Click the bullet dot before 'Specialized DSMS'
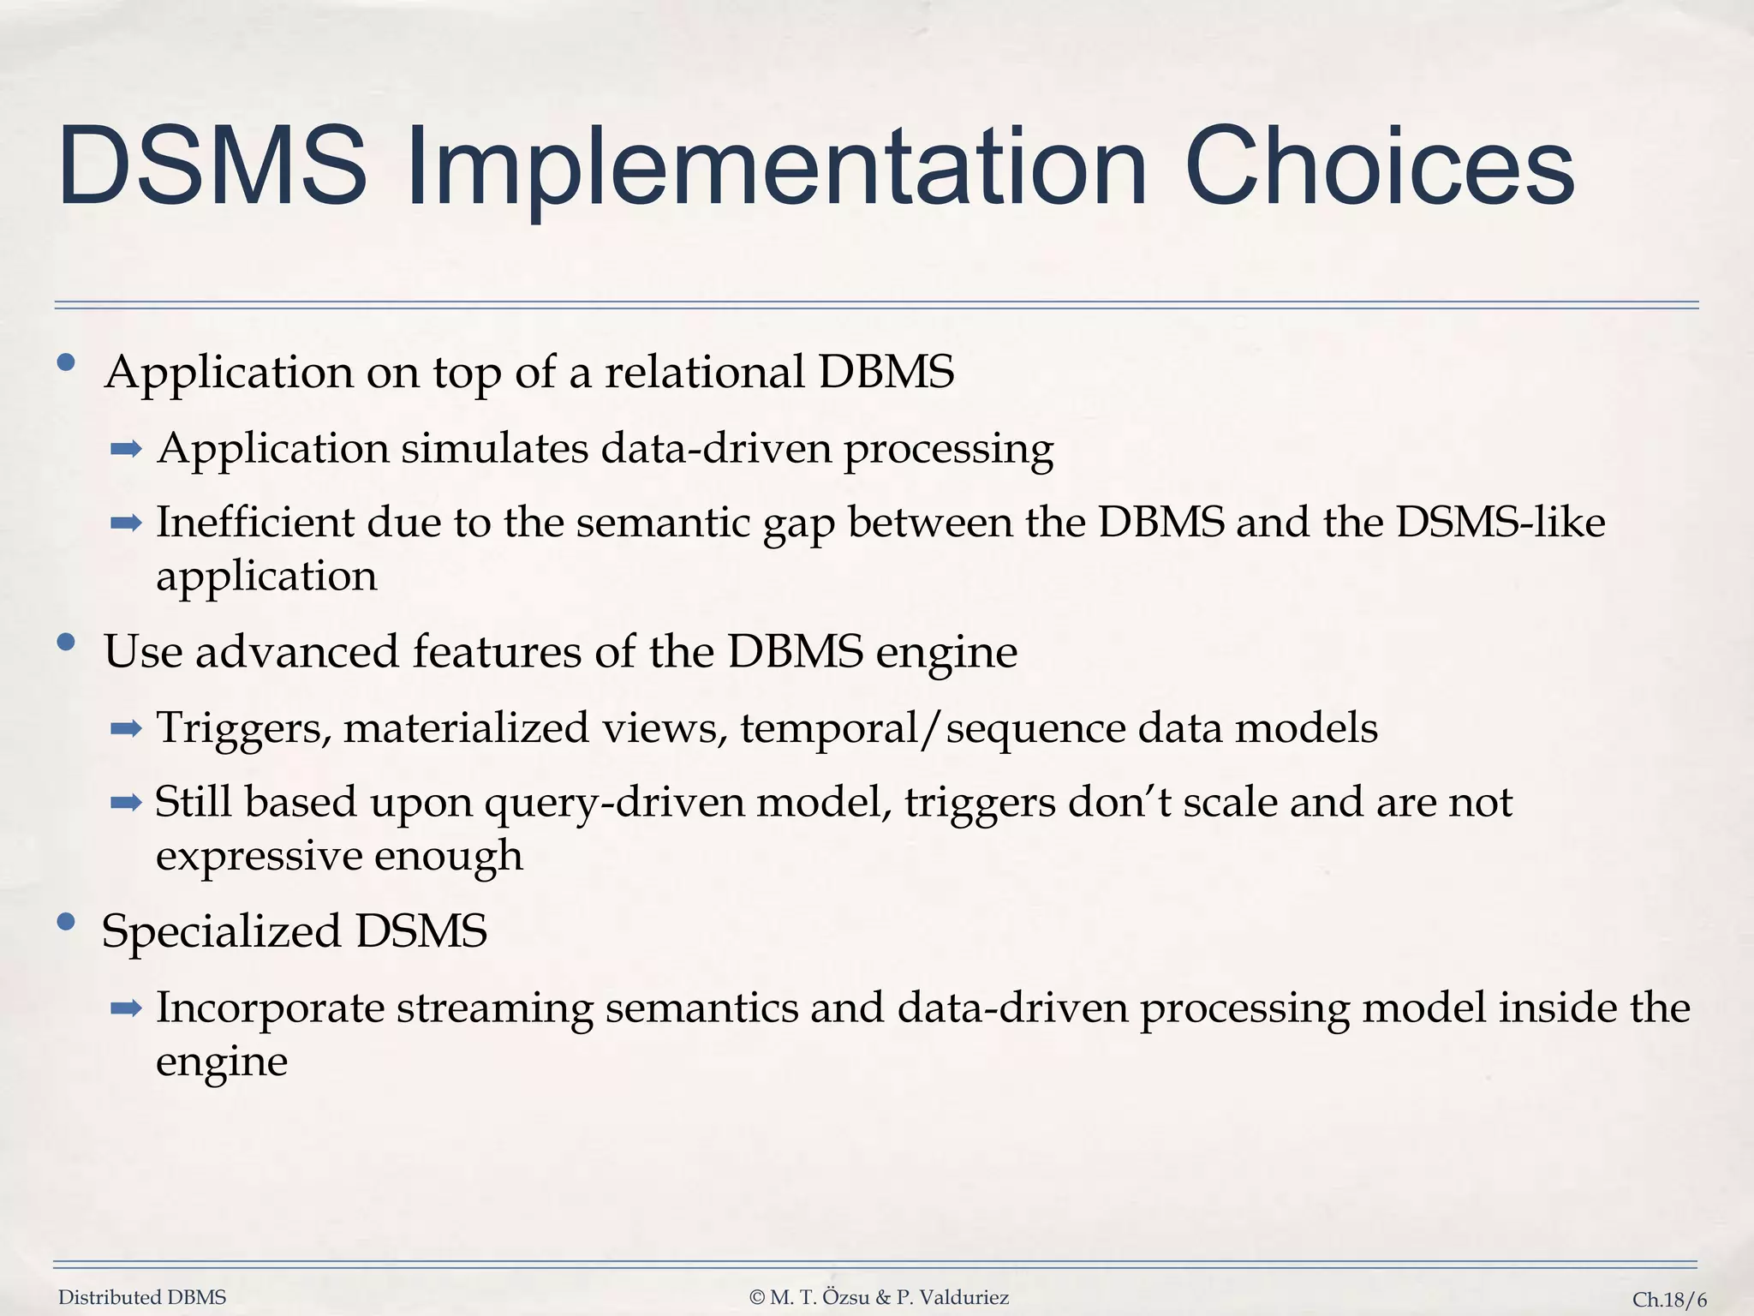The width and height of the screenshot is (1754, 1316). pyautogui.click(x=66, y=922)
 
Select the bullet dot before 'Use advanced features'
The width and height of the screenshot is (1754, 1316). pyautogui.click(x=66, y=642)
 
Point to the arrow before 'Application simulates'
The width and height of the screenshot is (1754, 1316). pyautogui.click(x=126, y=448)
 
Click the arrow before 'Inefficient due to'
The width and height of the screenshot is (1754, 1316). pyautogui.click(x=126, y=523)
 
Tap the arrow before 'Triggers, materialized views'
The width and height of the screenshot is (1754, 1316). pyautogui.click(x=126, y=728)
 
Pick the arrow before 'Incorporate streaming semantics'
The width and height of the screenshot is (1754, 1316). pyautogui.click(x=126, y=1008)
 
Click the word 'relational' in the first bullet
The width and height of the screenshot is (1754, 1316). pyautogui.click(x=704, y=372)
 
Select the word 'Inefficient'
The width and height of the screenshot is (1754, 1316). pyautogui.click(x=254, y=522)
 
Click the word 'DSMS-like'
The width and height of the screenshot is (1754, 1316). pyautogui.click(x=1500, y=522)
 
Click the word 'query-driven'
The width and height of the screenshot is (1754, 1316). pyautogui.click(x=614, y=804)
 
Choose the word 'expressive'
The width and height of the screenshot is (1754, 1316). pyautogui.click(x=258, y=855)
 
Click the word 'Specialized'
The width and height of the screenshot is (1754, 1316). pyautogui.click(x=221, y=930)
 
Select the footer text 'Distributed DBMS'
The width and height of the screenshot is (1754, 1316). pyautogui.click(x=142, y=1297)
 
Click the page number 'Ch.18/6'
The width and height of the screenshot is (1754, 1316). pyautogui.click(x=1668, y=1300)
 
